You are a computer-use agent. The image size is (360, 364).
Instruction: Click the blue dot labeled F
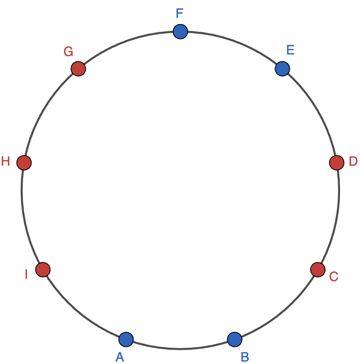tap(180, 31)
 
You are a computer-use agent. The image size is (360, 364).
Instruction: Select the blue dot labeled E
tap(282, 69)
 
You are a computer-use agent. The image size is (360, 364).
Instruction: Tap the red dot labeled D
tap(336, 163)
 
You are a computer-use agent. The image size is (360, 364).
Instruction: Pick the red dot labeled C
tap(318, 270)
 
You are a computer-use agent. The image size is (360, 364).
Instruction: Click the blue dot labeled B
tap(234, 339)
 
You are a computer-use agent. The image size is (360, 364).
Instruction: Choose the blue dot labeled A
tap(126, 339)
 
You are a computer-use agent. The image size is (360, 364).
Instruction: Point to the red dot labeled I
tap(43, 270)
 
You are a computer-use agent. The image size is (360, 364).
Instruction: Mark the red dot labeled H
tap(24, 163)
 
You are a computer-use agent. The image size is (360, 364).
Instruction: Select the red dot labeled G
tap(78, 69)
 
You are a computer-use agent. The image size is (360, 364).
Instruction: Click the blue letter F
tap(180, 13)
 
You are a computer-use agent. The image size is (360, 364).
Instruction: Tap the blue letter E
tap(291, 50)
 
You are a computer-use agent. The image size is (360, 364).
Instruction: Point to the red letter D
tap(353, 161)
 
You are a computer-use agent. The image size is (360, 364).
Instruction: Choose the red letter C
tap(334, 277)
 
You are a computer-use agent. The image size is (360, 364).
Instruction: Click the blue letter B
tap(245, 357)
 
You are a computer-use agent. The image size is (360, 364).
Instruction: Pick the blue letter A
tap(119, 357)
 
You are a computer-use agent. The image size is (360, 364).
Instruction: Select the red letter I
tap(26, 274)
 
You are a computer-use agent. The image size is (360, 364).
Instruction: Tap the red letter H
tap(6, 161)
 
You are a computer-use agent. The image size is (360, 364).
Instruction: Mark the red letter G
tap(68, 52)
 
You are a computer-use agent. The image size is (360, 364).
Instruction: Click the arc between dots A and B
tap(180, 349)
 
